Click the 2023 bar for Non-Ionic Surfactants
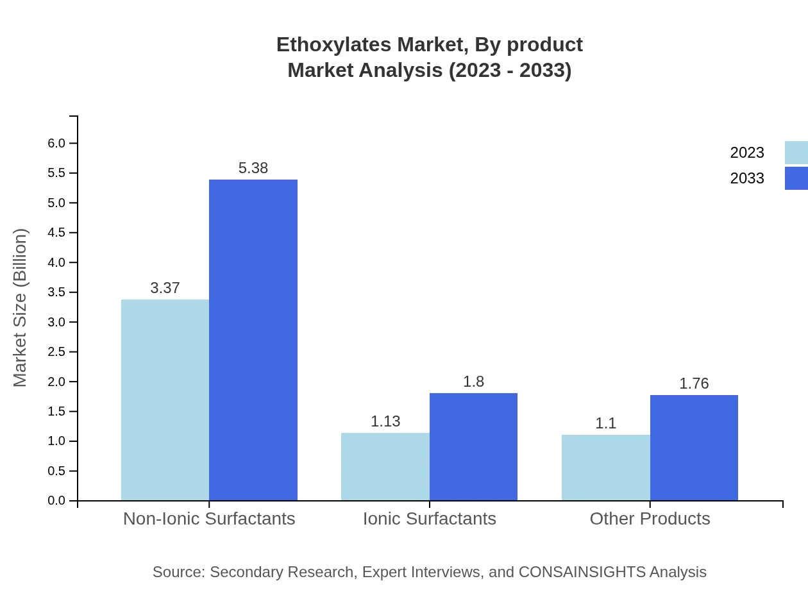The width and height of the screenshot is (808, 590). pos(165,400)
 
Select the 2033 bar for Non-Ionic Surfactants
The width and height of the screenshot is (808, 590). pos(253,340)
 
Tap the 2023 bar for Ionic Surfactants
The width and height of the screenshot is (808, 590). pos(385,466)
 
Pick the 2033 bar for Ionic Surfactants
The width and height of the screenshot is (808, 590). pos(473,446)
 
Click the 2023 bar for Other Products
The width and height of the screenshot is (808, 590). pos(606,468)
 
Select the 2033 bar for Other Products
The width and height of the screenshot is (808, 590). pos(694,448)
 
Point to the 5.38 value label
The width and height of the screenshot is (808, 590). pos(253,168)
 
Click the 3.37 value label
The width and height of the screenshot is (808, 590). pos(165,288)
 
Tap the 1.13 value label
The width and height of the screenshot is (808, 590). pos(385,421)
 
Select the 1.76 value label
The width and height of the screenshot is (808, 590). pos(694,383)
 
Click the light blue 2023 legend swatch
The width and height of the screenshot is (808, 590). pos(796,153)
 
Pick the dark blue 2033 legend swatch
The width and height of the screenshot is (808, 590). pos(796,178)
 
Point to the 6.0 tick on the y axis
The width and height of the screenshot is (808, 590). pos(57,143)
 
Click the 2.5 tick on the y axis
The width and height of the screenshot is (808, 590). pos(57,351)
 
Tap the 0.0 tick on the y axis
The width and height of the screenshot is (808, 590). pos(57,500)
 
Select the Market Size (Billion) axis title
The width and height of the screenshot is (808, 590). pos(21,308)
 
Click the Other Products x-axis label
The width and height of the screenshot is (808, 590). pos(650,518)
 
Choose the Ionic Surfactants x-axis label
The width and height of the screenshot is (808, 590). pos(430,518)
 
